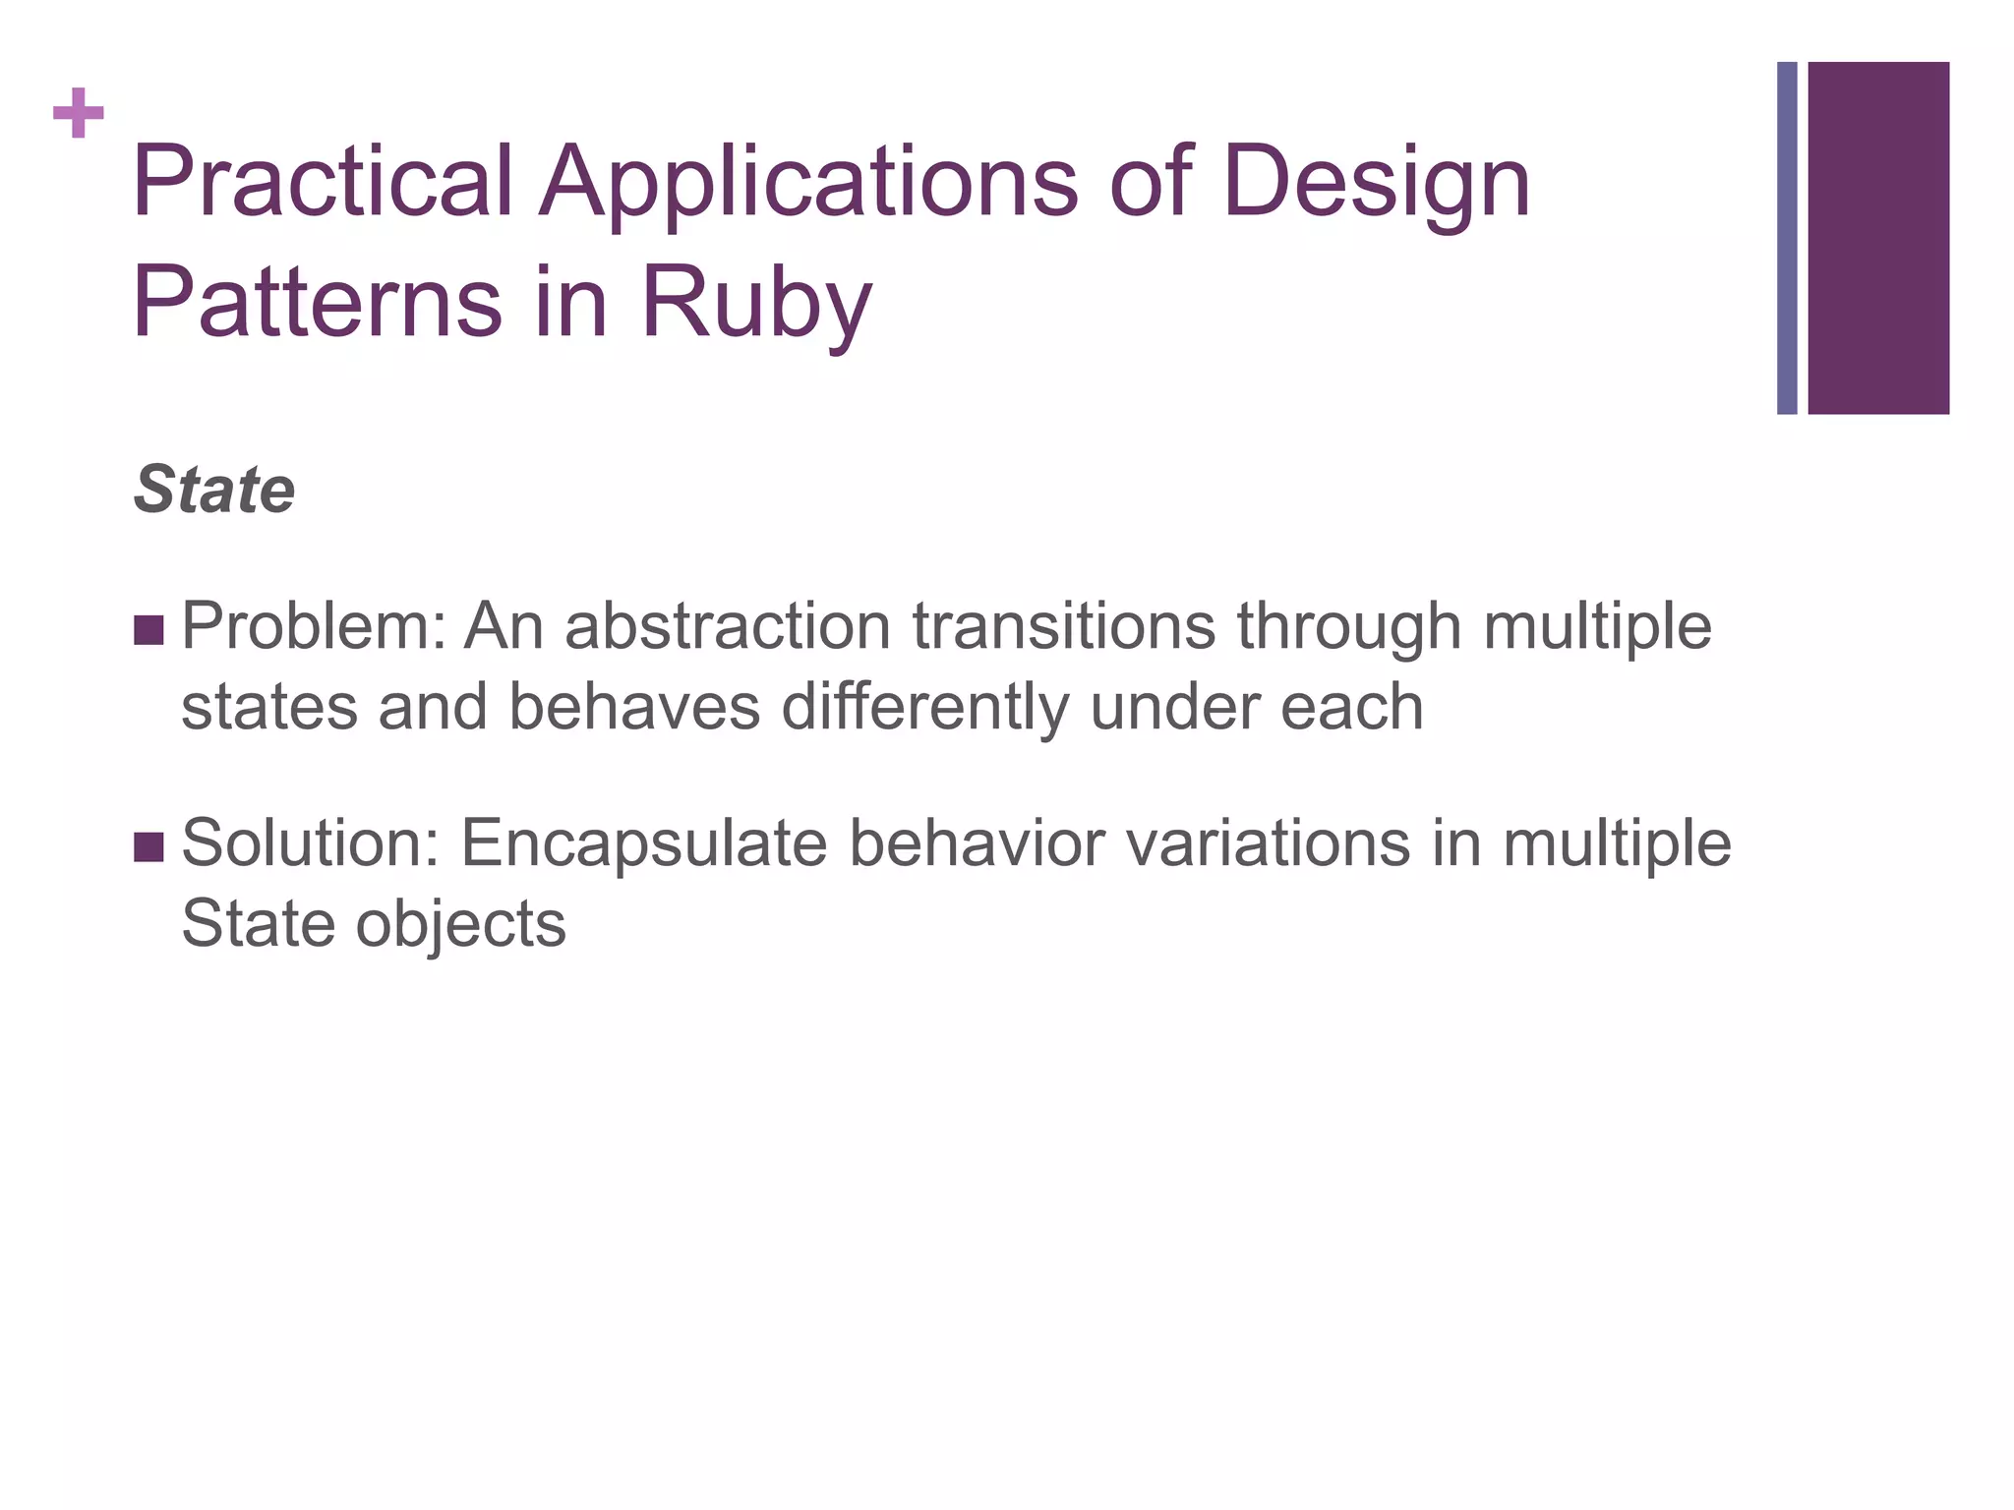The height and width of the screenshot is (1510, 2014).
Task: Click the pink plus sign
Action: (x=79, y=113)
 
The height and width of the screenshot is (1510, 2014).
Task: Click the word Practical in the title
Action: (x=323, y=182)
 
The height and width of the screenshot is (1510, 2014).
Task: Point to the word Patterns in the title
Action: (x=317, y=302)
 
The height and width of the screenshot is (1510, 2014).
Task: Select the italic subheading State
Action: (x=214, y=490)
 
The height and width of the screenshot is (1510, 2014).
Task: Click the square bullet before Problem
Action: (x=148, y=630)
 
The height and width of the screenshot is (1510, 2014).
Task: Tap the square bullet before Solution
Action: (x=148, y=846)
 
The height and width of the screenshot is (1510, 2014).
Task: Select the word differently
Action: (x=925, y=708)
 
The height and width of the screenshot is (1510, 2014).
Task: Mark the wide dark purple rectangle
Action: (x=1878, y=238)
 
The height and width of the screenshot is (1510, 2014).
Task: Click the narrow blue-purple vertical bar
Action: (x=1787, y=238)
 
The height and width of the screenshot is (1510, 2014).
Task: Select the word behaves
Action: (x=635, y=708)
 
